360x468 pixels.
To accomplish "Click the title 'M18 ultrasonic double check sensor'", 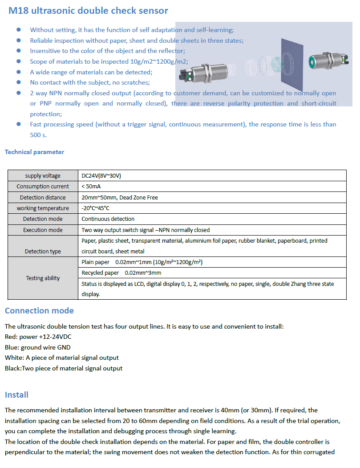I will click(x=88, y=11).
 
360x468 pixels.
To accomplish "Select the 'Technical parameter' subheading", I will click(x=34, y=152).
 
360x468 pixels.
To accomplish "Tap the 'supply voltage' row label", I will click(x=43, y=175).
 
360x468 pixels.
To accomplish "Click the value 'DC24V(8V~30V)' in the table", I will click(x=101, y=175).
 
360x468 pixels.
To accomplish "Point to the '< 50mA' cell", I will click(x=91, y=186).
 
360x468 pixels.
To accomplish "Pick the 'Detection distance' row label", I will click(x=43, y=197).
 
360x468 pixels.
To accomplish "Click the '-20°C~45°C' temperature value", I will click(x=96, y=208).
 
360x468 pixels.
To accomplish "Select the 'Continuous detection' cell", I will click(x=108, y=219).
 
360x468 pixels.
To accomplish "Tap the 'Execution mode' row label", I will click(x=43, y=230).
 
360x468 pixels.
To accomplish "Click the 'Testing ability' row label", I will click(x=43, y=278).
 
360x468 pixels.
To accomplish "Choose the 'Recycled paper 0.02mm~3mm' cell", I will click(x=121, y=273).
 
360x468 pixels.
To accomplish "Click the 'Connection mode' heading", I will click(x=39, y=310).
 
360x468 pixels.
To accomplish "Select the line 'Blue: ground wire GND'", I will click(x=37, y=347).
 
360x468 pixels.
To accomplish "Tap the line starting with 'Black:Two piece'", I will click(x=64, y=368).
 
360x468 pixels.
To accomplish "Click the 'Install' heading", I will click(x=16, y=395).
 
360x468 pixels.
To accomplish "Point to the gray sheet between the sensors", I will click(x=291, y=62).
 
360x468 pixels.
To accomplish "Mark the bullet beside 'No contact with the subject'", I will click(x=19, y=82).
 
